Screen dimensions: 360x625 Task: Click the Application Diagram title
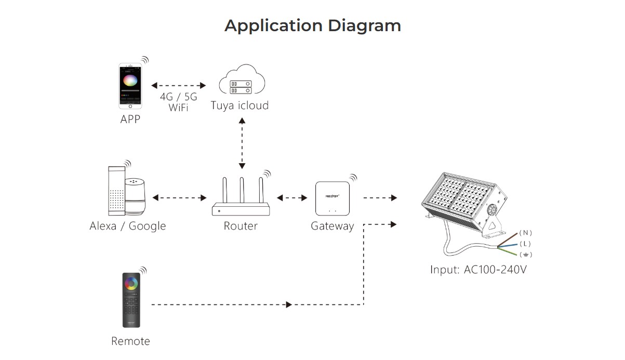point(312,25)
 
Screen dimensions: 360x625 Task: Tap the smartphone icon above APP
point(130,86)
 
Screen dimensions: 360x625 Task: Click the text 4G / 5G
point(178,97)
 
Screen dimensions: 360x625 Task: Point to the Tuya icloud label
point(240,105)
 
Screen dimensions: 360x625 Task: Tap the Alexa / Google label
point(128,226)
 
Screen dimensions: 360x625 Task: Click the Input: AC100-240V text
point(478,270)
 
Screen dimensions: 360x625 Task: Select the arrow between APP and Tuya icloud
point(178,85)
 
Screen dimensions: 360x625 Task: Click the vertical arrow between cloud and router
point(242,142)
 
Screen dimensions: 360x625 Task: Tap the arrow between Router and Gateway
point(292,198)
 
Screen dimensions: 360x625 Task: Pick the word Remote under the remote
point(130,341)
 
